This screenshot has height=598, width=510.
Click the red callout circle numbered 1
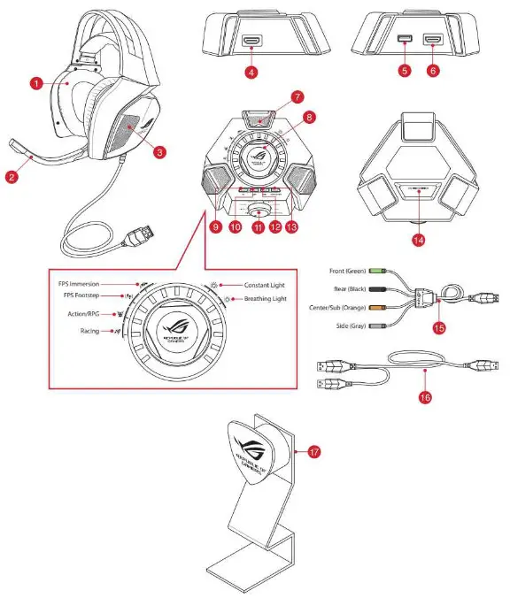(36, 82)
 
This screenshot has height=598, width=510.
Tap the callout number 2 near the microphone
(12, 176)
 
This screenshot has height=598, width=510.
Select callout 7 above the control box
(273, 96)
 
